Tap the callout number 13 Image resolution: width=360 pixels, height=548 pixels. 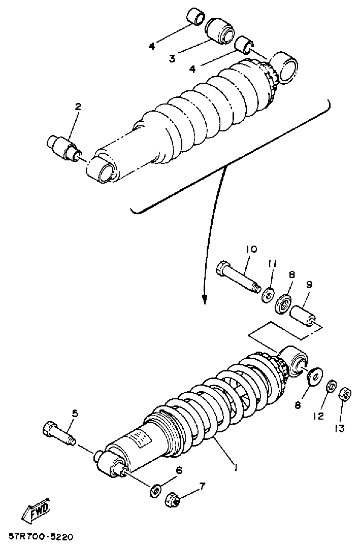click(x=340, y=428)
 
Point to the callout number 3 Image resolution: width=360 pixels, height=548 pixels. click(x=172, y=58)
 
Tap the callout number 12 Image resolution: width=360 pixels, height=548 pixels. click(x=318, y=416)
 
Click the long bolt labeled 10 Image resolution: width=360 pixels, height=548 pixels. click(x=237, y=278)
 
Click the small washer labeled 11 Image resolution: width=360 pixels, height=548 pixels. click(x=268, y=295)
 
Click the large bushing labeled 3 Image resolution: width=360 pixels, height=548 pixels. click(x=222, y=30)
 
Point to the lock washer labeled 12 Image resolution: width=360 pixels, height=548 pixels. click(x=331, y=387)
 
